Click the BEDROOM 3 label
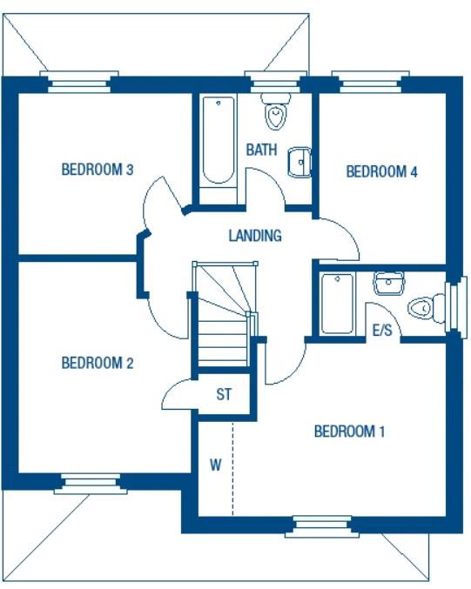97,170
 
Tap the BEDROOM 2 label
97,363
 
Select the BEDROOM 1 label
349,431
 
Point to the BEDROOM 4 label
382,171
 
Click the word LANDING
254,235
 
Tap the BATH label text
261,150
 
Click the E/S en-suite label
381,331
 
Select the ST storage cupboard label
224,394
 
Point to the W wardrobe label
215,465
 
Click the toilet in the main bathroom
276,113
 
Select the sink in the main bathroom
299,162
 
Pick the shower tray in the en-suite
336,303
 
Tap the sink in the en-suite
388,283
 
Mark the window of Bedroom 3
83,84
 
